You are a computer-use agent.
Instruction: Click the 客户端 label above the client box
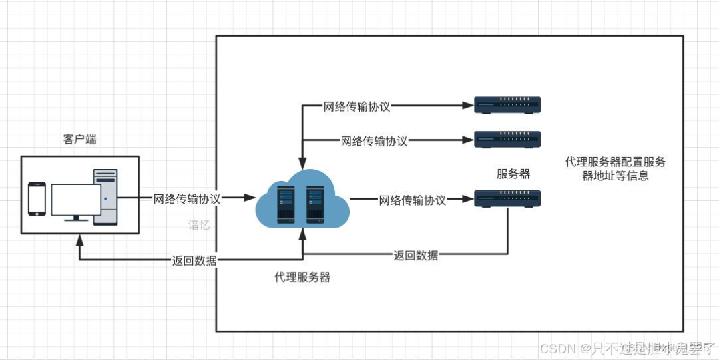click(79, 140)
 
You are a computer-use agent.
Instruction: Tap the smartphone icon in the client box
click(37, 199)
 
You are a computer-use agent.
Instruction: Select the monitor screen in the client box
click(75, 200)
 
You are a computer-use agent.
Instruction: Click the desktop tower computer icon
click(105, 197)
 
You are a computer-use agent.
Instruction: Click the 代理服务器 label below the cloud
click(302, 277)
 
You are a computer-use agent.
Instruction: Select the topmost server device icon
click(507, 104)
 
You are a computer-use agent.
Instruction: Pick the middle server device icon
click(507, 140)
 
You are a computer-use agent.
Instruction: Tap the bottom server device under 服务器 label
click(507, 198)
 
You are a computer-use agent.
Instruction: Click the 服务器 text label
click(513, 174)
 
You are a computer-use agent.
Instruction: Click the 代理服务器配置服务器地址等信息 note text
click(615, 169)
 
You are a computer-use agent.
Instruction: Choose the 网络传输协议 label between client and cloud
click(187, 198)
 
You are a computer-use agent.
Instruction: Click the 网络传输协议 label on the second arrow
click(374, 140)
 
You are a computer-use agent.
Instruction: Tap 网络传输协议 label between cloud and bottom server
click(413, 200)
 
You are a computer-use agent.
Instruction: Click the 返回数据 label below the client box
click(194, 260)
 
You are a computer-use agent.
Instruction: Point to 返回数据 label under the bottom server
click(415, 255)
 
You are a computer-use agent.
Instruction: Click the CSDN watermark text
click(557, 348)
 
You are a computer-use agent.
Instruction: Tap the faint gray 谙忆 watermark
click(199, 225)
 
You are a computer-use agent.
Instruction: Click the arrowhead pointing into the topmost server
click(466, 105)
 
